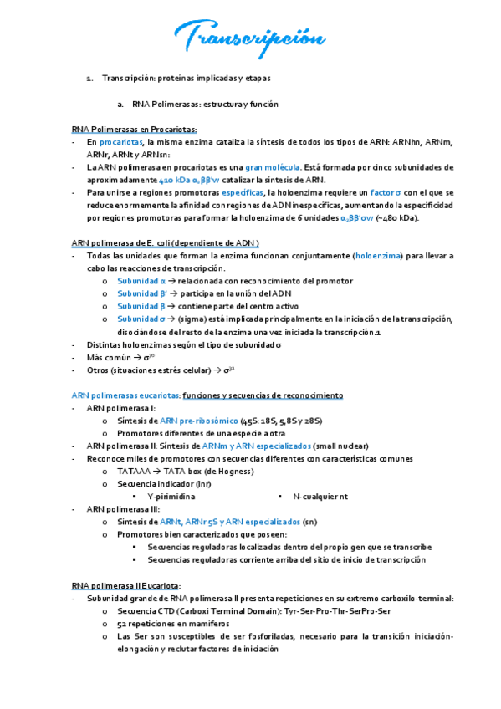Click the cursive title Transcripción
[248, 37]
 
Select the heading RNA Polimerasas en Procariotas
[135, 130]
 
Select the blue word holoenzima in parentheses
[380, 255]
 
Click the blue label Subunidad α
[141, 280]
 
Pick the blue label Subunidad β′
[143, 293]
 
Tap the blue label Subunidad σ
[141, 319]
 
